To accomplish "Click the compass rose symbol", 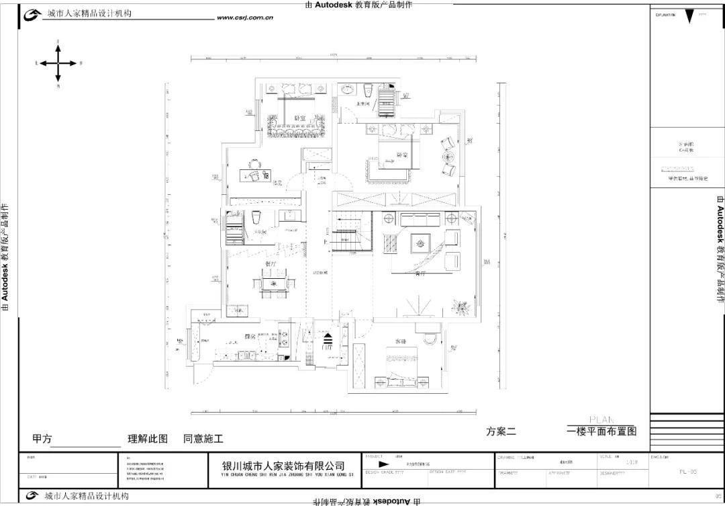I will tap(58, 63).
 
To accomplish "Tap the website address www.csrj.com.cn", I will tap(244, 18).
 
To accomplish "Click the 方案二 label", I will tap(501, 432).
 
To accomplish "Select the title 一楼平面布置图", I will tap(601, 431).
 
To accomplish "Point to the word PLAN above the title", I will tap(601, 419).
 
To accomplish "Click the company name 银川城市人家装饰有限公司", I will tap(283, 466).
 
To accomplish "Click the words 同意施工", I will tap(203, 439).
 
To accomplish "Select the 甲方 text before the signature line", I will tap(42, 439).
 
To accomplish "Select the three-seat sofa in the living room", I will tap(420, 219).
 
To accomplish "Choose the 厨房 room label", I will tap(250, 337).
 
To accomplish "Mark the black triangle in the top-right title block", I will tap(689, 17).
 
